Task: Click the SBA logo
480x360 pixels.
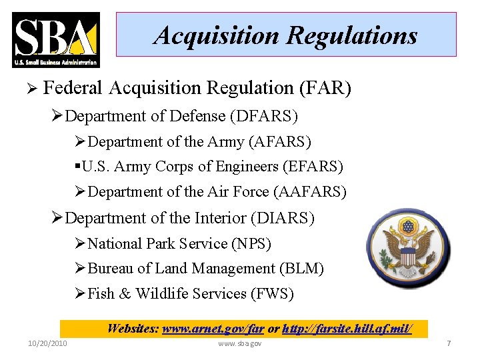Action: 56,39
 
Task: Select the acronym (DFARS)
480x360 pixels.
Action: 264,116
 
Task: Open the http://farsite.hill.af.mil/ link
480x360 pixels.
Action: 347,329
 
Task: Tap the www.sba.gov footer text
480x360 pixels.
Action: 240,343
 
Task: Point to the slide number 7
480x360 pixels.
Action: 449,343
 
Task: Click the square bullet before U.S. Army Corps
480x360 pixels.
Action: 79,166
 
